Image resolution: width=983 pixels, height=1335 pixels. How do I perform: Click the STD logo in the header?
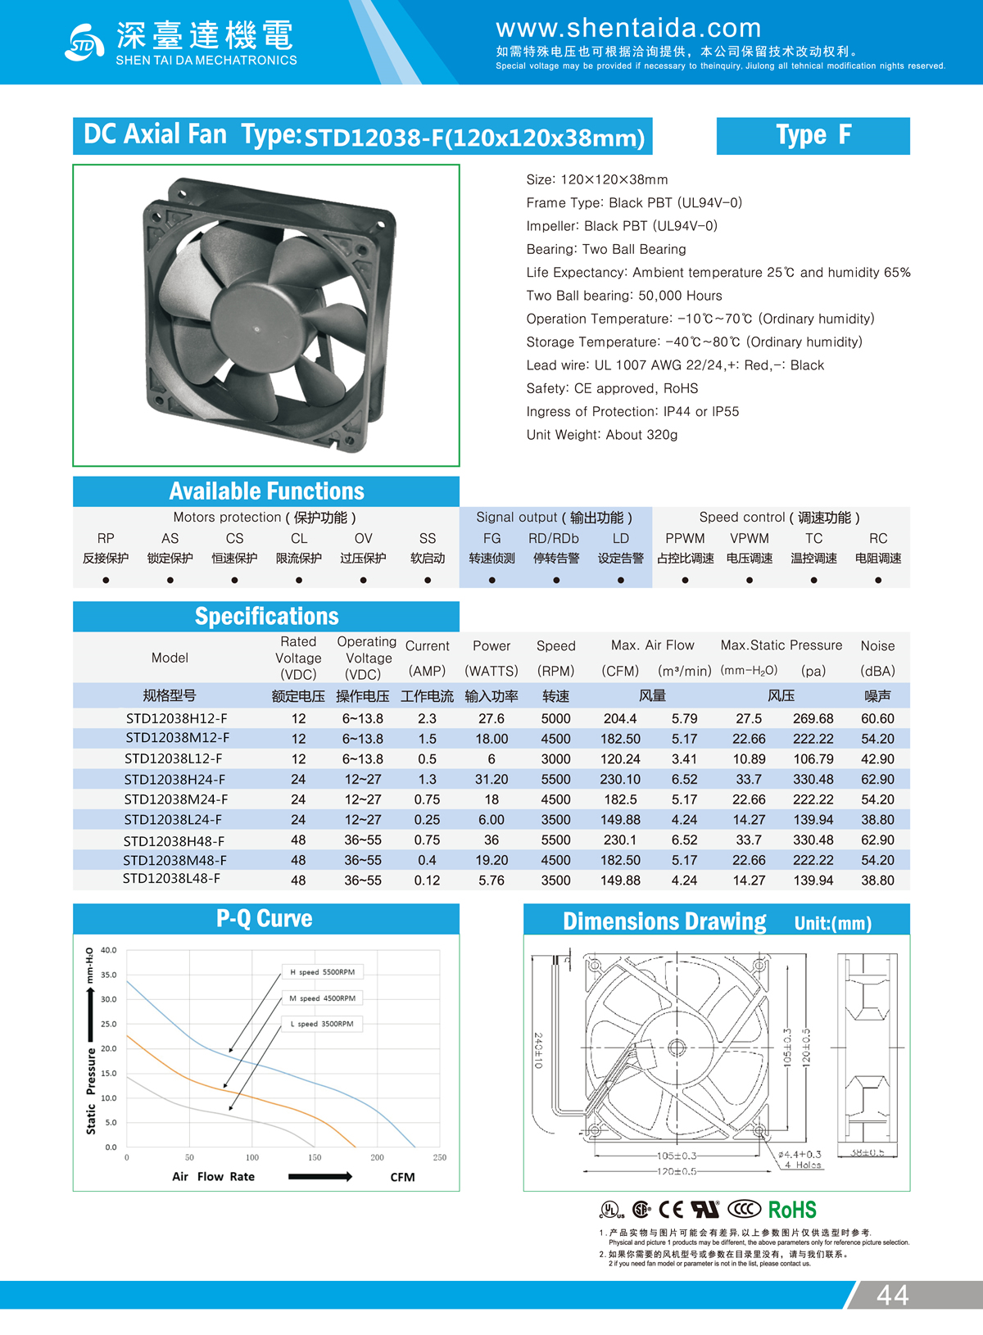(x=84, y=43)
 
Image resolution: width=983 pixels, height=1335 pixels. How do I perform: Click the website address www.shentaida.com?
(x=628, y=28)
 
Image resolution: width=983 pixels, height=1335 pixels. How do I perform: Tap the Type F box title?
(x=813, y=135)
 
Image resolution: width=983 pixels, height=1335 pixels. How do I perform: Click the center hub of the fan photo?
(x=256, y=329)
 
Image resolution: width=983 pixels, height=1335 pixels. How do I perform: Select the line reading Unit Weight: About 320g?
(x=602, y=435)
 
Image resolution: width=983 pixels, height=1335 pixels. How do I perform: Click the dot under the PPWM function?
(x=685, y=580)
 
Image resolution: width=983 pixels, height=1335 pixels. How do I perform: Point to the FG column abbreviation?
(x=491, y=538)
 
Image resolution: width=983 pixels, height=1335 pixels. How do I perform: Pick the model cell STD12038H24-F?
(x=174, y=779)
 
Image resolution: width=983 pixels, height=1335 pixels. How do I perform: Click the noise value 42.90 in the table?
(x=877, y=759)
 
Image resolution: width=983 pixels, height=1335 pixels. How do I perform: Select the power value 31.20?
(x=491, y=779)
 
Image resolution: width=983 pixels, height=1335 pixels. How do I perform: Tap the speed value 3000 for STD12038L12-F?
(x=555, y=759)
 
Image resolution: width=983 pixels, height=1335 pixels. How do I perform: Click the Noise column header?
(x=877, y=646)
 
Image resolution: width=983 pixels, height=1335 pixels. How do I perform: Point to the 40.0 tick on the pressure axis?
(x=109, y=950)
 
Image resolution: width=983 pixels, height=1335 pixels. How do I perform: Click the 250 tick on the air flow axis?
(x=440, y=1157)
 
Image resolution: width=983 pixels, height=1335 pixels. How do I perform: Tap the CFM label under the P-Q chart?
(x=402, y=1177)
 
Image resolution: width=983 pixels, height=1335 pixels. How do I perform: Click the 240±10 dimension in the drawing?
(x=538, y=1050)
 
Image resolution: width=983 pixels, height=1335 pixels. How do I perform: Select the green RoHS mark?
(x=792, y=1210)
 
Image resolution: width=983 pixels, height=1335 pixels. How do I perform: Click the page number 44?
(x=892, y=1295)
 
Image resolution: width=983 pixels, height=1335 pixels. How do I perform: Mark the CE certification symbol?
(x=671, y=1210)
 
